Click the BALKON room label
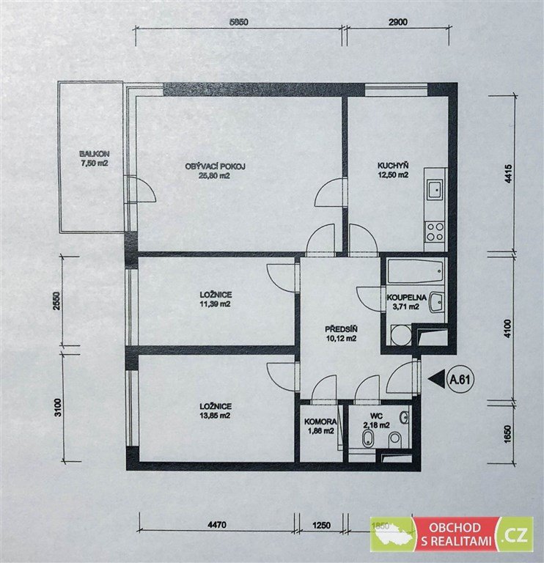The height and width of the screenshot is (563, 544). [x=95, y=154]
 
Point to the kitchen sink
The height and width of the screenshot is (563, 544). [x=435, y=189]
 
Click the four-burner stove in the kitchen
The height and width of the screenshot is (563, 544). [x=435, y=232]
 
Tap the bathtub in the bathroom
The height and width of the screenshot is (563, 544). [x=416, y=271]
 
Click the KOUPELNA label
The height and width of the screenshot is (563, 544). [x=406, y=298]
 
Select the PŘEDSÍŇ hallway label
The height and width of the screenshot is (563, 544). [x=341, y=329]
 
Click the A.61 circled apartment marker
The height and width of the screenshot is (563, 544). [x=460, y=380]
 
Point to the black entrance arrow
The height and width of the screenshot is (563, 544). [x=437, y=379]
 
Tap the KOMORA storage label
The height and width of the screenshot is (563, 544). [x=320, y=422]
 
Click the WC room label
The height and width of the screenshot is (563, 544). [x=377, y=416]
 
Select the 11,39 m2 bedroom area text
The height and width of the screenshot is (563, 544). [x=216, y=304]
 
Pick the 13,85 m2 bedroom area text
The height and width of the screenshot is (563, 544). [x=216, y=416]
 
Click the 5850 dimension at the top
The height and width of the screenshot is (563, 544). [x=239, y=22]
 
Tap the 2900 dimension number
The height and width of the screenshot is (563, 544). [x=398, y=22]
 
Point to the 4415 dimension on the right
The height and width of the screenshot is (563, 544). [x=508, y=174]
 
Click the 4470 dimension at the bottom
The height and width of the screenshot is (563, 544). [x=217, y=525]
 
